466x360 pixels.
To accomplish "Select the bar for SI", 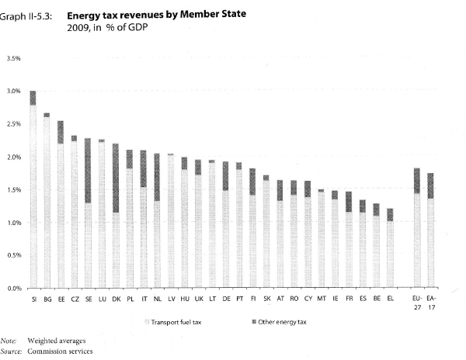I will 33,194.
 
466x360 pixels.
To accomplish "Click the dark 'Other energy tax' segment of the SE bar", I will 88,171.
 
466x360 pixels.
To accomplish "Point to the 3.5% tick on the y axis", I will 14,58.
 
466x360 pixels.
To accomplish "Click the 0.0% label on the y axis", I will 14,289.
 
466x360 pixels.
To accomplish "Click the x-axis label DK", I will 115,298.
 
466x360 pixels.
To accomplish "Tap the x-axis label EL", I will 390,298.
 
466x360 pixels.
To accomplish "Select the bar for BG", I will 47,202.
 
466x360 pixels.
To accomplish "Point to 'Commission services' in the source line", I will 59,351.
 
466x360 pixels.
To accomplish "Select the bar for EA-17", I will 430,233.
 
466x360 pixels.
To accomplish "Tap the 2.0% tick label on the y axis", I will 14,157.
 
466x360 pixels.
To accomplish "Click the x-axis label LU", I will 102,298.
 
